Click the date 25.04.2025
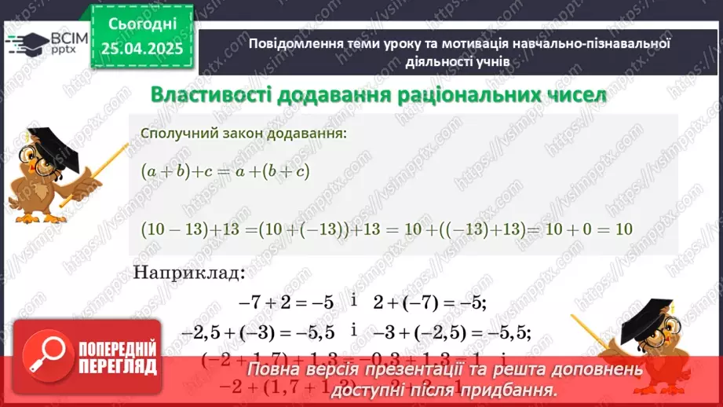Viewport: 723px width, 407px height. pyautogui.click(x=144, y=49)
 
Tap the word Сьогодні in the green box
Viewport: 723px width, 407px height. pyautogui.click(x=144, y=24)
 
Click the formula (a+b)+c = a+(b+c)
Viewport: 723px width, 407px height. pyautogui.click(x=225, y=171)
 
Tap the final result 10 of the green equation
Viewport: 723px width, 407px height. pyautogui.click(x=624, y=230)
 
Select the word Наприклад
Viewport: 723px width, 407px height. pyautogui.click(x=189, y=273)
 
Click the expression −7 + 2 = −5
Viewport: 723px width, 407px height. pyautogui.click(x=286, y=302)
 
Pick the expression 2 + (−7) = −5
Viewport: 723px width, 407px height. pyautogui.click(x=430, y=302)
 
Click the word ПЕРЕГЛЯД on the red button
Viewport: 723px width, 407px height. pyautogui.click(x=118, y=366)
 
